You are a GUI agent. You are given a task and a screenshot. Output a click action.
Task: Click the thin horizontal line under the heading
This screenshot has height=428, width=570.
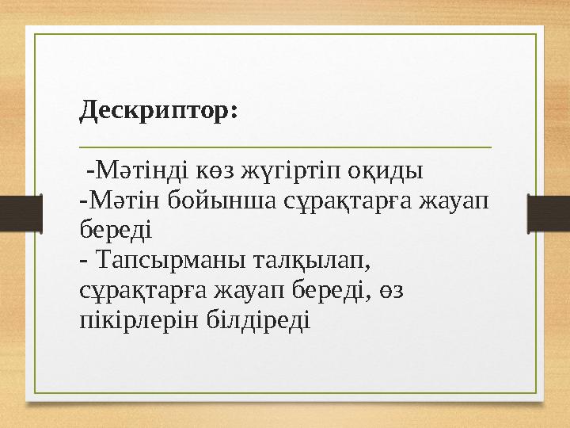pos(285,147)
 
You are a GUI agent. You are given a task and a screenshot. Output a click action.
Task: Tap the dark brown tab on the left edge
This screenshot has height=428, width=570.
pos(20,214)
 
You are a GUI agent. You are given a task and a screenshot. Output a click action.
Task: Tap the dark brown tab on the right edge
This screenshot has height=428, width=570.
pos(549,214)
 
